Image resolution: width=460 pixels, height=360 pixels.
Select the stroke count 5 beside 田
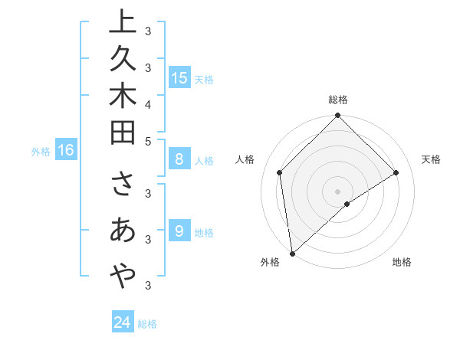(x=147, y=141)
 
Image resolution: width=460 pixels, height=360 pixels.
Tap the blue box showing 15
(x=179, y=78)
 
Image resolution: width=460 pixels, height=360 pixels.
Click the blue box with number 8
(x=179, y=160)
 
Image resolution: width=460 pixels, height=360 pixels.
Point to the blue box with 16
(x=66, y=150)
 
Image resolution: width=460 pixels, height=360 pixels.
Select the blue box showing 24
(x=122, y=322)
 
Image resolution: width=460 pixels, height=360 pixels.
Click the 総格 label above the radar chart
(x=338, y=100)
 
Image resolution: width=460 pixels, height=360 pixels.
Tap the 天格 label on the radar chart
(x=431, y=159)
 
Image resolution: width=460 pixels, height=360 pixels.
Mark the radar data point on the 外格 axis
(x=292, y=253)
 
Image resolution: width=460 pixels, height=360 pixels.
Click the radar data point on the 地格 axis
(x=347, y=204)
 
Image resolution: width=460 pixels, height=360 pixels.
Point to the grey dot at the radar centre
(x=338, y=191)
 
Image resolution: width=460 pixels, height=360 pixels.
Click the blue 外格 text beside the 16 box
(x=41, y=152)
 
